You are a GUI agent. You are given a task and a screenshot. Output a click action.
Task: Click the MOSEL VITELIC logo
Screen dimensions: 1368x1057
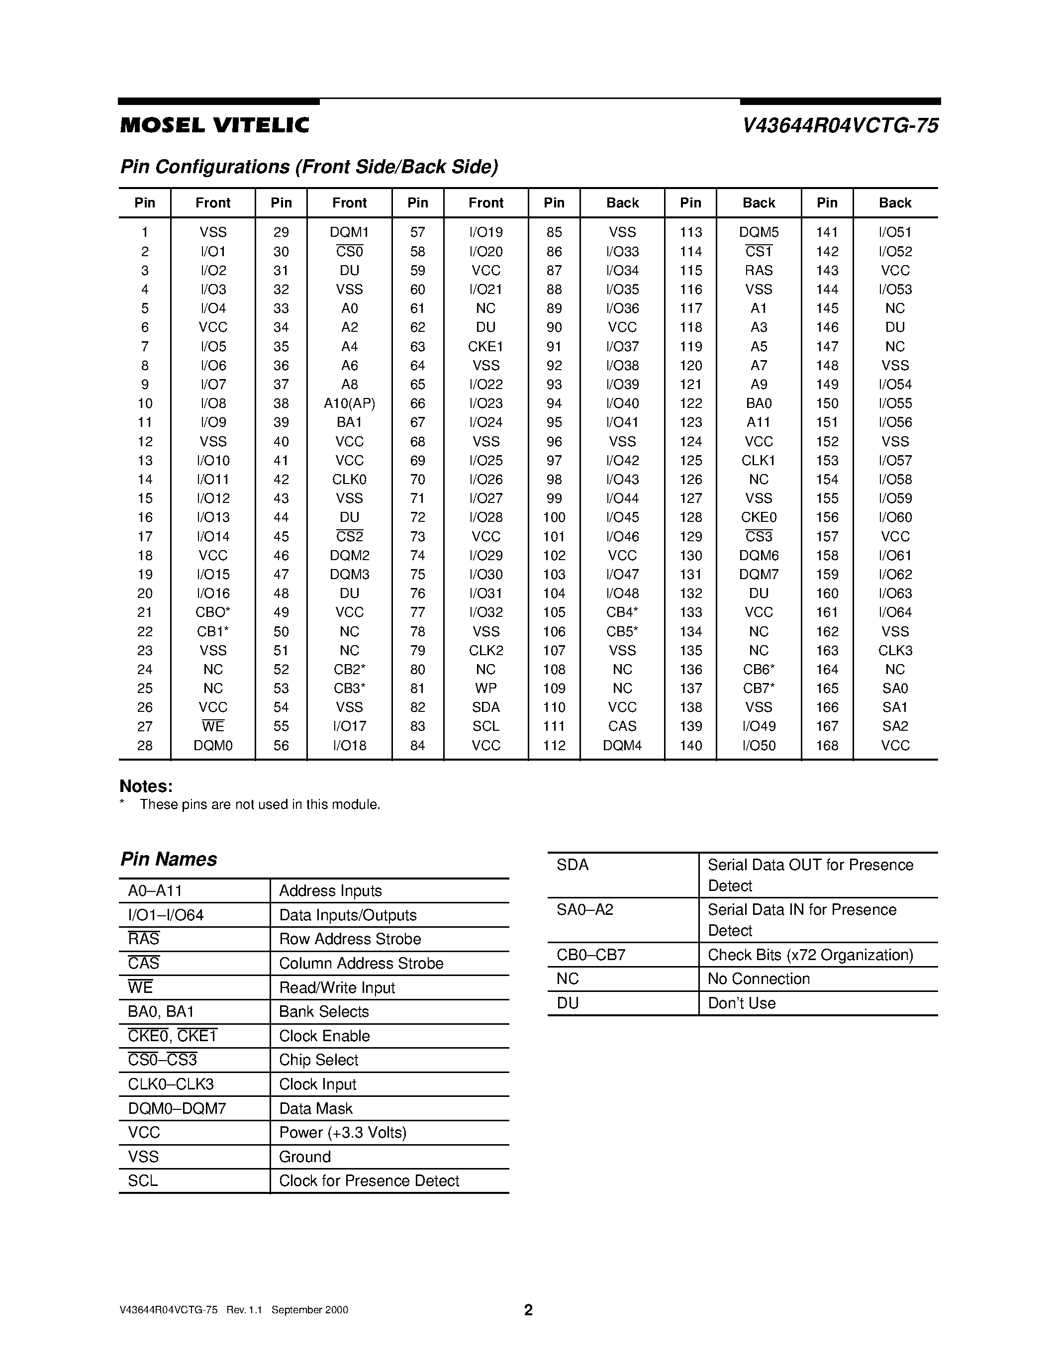pyautogui.click(x=214, y=126)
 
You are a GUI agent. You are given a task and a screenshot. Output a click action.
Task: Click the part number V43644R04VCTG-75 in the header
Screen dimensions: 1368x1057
pyautogui.click(x=840, y=126)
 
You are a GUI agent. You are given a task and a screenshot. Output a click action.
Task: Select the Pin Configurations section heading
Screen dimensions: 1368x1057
pyautogui.click(x=309, y=167)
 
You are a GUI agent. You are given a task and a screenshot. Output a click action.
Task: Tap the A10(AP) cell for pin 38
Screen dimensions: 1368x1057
pyautogui.click(x=349, y=403)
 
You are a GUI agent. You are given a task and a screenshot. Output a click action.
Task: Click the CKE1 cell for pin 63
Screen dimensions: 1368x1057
pyautogui.click(x=485, y=346)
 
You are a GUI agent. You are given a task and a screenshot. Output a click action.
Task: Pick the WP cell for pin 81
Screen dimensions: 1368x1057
pyautogui.click(x=485, y=688)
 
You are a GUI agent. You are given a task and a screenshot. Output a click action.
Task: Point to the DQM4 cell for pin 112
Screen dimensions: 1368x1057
pyautogui.click(x=622, y=745)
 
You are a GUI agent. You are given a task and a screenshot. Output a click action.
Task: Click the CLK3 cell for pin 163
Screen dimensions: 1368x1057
pyautogui.click(x=895, y=650)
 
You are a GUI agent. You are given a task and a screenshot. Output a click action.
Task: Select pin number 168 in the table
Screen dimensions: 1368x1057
pyautogui.click(x=827, y=745)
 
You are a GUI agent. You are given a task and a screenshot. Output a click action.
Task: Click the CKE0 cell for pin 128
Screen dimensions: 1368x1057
pyautogui.click(x=759, y=517)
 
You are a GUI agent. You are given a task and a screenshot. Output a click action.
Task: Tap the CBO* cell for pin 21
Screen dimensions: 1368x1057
pyautogui.click(x=213, y=612)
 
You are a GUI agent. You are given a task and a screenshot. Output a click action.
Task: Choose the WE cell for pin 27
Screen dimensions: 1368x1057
pyautogui.click(x=213, y=727)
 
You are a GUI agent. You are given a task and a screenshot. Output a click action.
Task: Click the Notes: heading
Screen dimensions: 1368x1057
pyautogui.click(x=146, y=786)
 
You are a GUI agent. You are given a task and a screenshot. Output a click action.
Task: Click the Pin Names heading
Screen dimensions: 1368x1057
pyautogui.click(x=169, y=859)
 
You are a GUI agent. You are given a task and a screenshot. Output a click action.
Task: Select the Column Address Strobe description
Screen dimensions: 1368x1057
pyautogui.click(x=361, y=964)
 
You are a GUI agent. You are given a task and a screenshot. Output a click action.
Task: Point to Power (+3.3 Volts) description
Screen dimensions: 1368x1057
pyautogui.click(x=343, y=1133)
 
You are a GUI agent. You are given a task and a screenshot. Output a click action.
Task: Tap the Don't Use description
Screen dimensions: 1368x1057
pyautogui.click(x=742, y=1003)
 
